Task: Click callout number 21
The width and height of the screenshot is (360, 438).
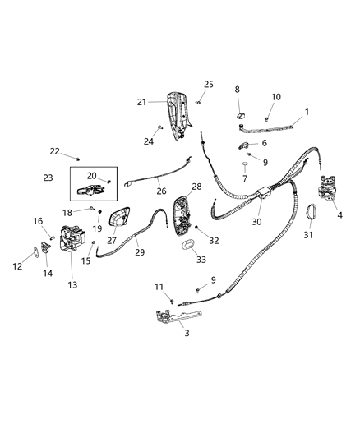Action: coord(141,102)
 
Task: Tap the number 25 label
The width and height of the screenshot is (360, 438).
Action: coord(208,85)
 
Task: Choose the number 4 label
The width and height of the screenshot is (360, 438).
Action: coord(339,217)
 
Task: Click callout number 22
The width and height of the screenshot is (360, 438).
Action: coord(54,150)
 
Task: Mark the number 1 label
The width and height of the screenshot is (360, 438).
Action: coord(307,112)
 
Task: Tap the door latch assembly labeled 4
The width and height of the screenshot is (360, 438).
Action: coord(328,193)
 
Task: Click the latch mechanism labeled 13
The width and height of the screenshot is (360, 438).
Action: coord(72,239)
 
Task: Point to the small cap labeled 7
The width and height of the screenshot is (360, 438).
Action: coord(245,165)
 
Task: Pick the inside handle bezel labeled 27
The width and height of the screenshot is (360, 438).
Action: coord(119,219)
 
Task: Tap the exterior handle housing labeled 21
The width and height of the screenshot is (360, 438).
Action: coord(179,115)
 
